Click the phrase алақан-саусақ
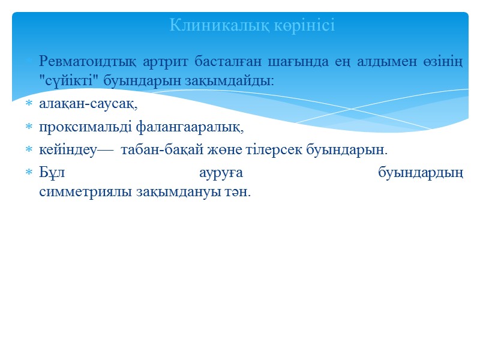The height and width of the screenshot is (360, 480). click(88, 105)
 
